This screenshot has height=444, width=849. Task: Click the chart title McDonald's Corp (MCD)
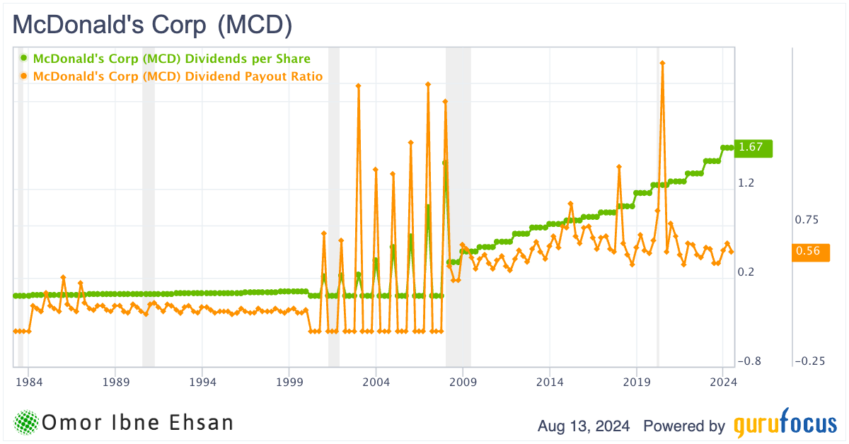pos(153,25)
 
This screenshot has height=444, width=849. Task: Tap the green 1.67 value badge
pos(753,148)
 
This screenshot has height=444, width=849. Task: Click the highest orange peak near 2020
pos(662,63)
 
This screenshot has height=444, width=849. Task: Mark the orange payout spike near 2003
pos(359,86)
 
